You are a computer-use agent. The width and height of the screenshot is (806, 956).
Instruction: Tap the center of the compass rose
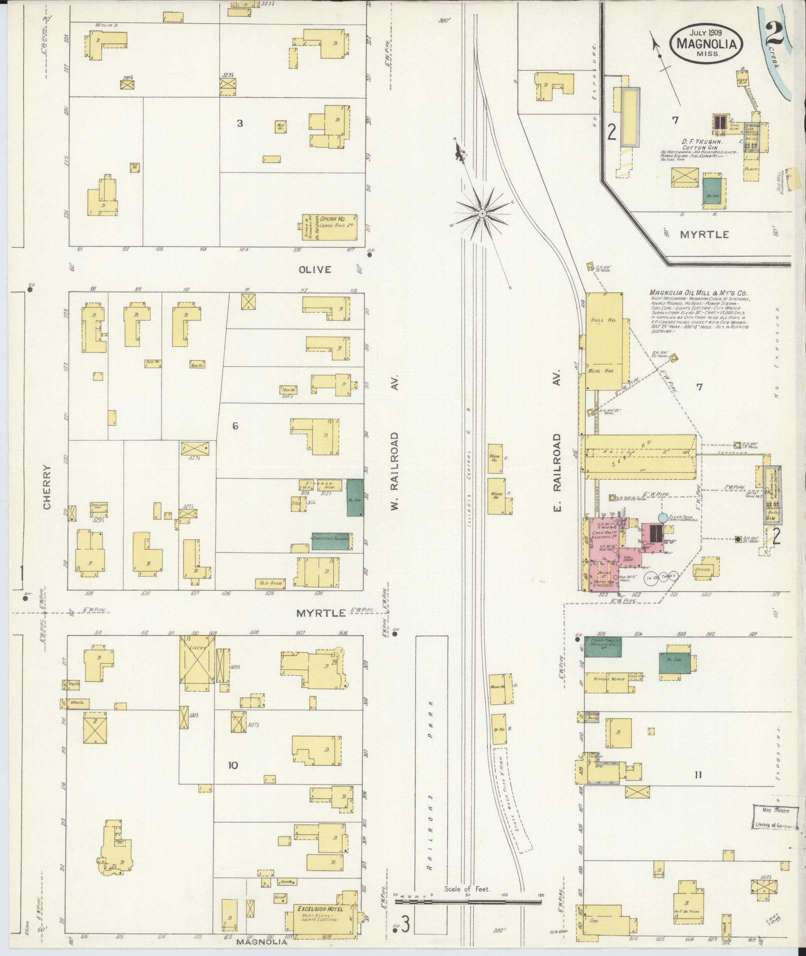click(x=482, y=214)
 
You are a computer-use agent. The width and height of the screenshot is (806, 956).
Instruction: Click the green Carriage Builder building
click(x=330, y=540)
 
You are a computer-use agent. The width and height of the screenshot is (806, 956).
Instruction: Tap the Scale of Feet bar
click(x=468, y=902)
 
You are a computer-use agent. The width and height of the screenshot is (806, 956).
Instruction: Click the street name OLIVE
click(x=315, y=270)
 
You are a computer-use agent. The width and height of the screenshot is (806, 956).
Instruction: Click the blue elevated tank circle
click(x=663, y=518)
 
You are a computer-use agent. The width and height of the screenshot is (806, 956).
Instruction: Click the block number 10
click(x=233, y=765)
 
